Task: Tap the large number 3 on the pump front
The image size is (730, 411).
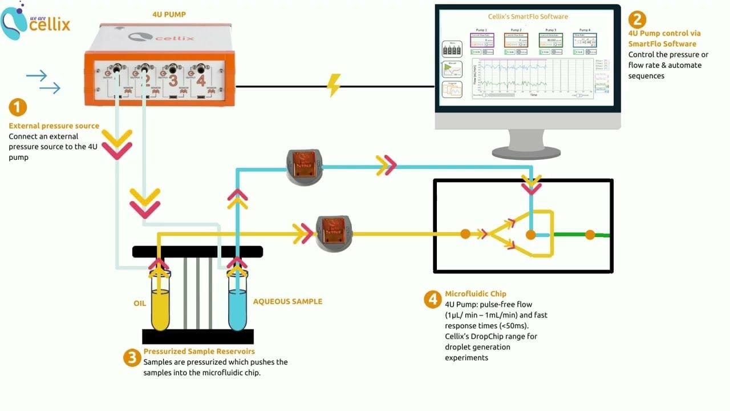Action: (x=173, y=79)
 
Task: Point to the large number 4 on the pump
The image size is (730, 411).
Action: (x=201, y=80)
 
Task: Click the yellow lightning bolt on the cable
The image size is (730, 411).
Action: (x=333, y=86)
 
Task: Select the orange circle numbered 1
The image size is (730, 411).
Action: (x=18, y=107)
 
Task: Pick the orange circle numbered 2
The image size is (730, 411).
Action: (x=637, y=20)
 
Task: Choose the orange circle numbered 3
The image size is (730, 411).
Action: (x=132, y=358)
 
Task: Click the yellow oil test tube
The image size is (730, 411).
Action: (x=160, y=303)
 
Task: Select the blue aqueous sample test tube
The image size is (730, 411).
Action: (x=237, y=303)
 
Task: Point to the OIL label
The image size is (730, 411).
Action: (x=140, y=303)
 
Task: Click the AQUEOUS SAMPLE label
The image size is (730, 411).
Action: (x=287, y=301)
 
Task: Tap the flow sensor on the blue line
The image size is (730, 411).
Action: (x=305, y=167)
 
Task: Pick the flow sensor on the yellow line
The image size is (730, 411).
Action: (x=335, y=233)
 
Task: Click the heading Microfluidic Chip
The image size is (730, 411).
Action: (x=475, y=294)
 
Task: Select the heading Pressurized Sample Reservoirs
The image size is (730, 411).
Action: (x=199, y=351)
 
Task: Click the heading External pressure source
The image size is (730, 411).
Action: (x=54, y=126)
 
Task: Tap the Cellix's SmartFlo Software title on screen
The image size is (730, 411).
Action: (x=528, y=17)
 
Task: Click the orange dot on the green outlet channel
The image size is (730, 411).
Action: (x=590, y=235)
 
